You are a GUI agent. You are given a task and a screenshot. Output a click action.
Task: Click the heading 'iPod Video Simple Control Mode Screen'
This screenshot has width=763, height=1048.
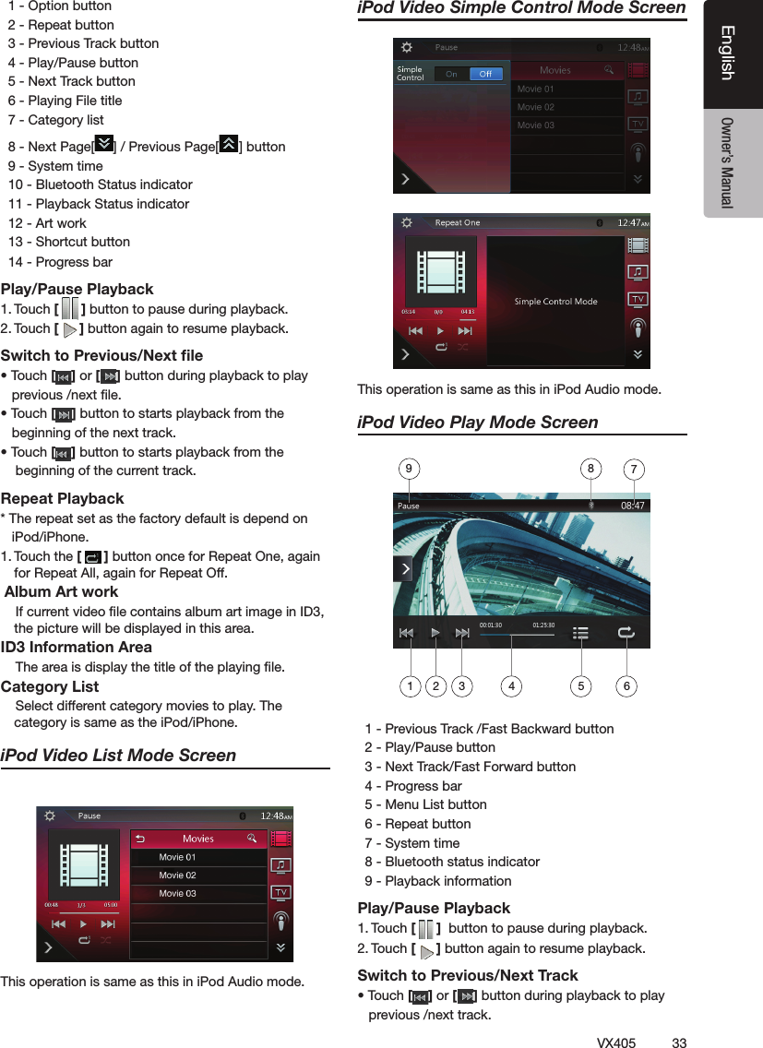pos(521,9)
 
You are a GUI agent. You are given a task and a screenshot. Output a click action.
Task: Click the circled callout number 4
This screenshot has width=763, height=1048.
pos(512,686)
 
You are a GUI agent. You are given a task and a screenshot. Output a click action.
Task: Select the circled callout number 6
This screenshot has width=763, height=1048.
pos(626,686)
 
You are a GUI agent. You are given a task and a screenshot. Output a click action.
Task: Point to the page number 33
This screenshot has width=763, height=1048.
pos(679,1042)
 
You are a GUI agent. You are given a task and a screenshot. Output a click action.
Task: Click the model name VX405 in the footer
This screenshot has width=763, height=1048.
pos(615,1042)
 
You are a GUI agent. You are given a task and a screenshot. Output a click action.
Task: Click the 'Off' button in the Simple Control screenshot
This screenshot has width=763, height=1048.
pos(485,75)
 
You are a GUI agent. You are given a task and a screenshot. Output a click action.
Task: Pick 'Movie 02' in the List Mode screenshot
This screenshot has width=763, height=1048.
pos(177,875)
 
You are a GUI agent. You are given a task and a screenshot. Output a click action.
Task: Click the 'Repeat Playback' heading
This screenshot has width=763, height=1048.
pos(63,498)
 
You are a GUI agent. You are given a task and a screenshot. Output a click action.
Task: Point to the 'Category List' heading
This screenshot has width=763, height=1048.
pos(50,686)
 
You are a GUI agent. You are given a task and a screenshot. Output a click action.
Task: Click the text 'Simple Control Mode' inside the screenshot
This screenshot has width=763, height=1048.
pos(555,302)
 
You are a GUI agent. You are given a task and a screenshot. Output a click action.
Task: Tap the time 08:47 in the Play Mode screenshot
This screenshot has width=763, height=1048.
pos(632,505)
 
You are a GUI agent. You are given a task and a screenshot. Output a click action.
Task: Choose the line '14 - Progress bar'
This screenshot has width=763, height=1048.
pos(60,262)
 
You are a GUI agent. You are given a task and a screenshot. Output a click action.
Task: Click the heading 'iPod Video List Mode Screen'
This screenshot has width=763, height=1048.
pos(119,755)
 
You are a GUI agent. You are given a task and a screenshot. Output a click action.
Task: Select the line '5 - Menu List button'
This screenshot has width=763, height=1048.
pos(425,804)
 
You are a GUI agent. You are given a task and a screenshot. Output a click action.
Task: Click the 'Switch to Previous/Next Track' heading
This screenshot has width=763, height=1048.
pos(468,975)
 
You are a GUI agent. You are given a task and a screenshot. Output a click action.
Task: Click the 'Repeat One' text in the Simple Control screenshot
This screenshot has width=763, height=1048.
pos(458,222)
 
